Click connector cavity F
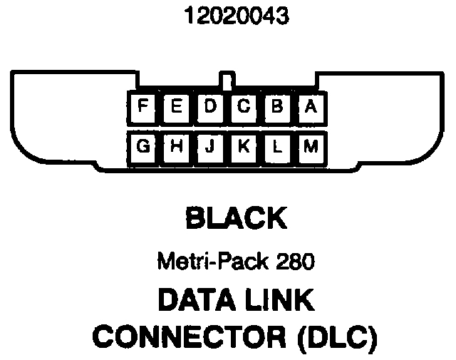[143, 108]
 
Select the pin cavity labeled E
[177, 108]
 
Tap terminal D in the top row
[210, 108]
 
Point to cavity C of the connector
[244, 108]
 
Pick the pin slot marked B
[277, 108]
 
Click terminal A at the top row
[310, 108]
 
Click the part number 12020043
[227, 16]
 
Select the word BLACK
[236, 218]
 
